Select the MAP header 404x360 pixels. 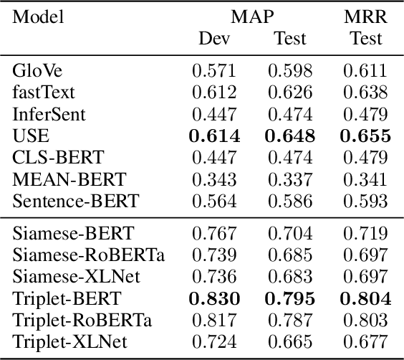click(252, 16)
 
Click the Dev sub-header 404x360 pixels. click(214, 39)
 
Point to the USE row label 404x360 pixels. click(28, 136)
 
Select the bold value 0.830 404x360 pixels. click(214, 298)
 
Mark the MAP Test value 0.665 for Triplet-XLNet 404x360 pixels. click(290, 341)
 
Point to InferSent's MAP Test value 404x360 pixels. click(290, 114)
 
